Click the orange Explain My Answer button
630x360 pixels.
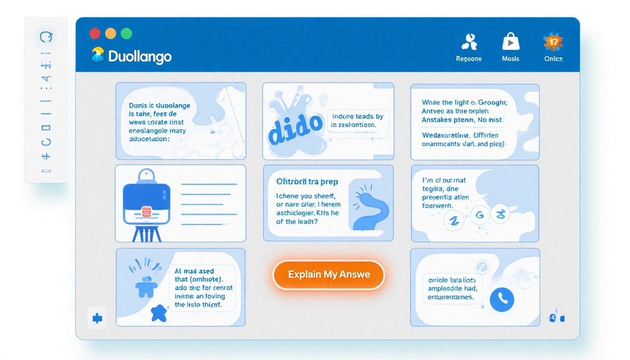click(x=328, y=275)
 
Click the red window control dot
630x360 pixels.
click(x=95, y=33)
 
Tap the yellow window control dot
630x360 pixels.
click(x=111, y=33)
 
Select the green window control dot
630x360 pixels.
click(x=127, y=33)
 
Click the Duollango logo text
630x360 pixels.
click(x=140, y=57)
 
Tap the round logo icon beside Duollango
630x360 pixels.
click(x=97, y=55)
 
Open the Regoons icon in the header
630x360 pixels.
click(x=469, y=42)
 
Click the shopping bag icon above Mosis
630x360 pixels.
click(x=510, y=42)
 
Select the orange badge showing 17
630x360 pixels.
click(x=554, y=42)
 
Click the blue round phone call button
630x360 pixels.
click(x=502, y=298)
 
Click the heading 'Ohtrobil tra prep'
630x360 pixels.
click(x=307, y=181)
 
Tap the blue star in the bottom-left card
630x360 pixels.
click(x=159, y=313)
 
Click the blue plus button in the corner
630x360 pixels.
click(x=97, y=319)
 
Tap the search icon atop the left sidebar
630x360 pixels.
click(x=46, y=37)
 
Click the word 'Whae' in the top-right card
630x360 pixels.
click(x=431, y=102)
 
